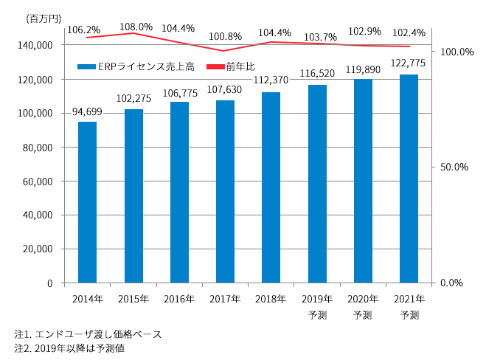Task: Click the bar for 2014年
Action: (x=87, y=202)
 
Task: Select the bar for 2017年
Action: (x=225, y=191)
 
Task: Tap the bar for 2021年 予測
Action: (x=409, y=179)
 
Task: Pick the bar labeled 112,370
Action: (x=271, y=187)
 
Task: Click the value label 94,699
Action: (x=87, y=112)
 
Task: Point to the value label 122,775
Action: (x=409, y=64)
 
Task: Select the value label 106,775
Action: (x=179, y=91)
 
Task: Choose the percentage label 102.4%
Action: (x=409, y=32)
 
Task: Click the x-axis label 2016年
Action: (x=179, y=299)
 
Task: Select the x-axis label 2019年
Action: (x=317, y=299)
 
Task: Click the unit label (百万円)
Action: (x=37, y=17)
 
